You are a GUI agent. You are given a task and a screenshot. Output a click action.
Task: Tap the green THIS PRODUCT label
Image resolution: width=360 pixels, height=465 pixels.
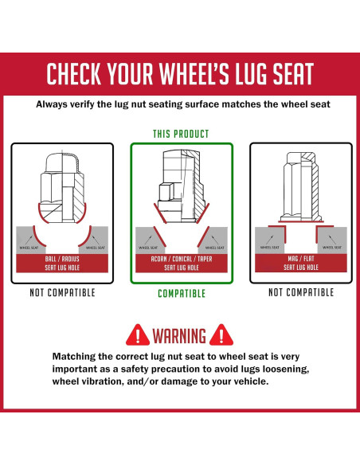click(x=181, y=134)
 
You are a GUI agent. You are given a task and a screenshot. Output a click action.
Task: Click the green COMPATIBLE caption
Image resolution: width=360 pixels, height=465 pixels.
click(x=182, y=294)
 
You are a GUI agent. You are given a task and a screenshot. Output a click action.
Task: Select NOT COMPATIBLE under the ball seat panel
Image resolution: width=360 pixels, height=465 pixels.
click(x=62, y=293)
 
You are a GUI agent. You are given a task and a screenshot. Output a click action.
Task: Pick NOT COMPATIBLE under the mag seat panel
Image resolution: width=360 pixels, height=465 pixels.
click(x=301, y=292)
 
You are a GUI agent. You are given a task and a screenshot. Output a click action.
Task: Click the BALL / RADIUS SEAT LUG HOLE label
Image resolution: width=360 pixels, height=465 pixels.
click(x=62, y=263)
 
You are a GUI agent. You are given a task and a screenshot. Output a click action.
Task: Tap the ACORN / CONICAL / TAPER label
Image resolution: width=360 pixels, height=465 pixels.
click(x=182, y=259)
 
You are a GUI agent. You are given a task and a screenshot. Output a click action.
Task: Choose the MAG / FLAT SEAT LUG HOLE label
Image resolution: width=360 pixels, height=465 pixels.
click(x=301, y=263)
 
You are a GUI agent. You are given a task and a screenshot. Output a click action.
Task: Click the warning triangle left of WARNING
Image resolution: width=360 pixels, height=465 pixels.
click(x=138, y=335)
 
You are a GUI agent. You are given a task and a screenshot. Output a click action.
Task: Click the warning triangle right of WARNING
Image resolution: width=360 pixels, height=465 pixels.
click(x=221, y=335)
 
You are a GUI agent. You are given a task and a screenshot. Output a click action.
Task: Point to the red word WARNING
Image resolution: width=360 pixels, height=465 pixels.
click(x=179, y=336)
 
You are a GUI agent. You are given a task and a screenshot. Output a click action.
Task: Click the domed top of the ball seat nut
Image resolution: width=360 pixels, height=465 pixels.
click(x=62, y=162)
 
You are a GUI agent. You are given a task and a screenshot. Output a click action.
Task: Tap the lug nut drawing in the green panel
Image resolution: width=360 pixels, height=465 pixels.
click(x=182, y=186)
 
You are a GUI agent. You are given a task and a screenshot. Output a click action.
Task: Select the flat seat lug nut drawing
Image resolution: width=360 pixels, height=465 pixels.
click(x=301, y=187)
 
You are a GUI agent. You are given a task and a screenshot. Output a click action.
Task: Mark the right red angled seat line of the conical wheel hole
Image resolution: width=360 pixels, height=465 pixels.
click(x=203, y=236)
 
